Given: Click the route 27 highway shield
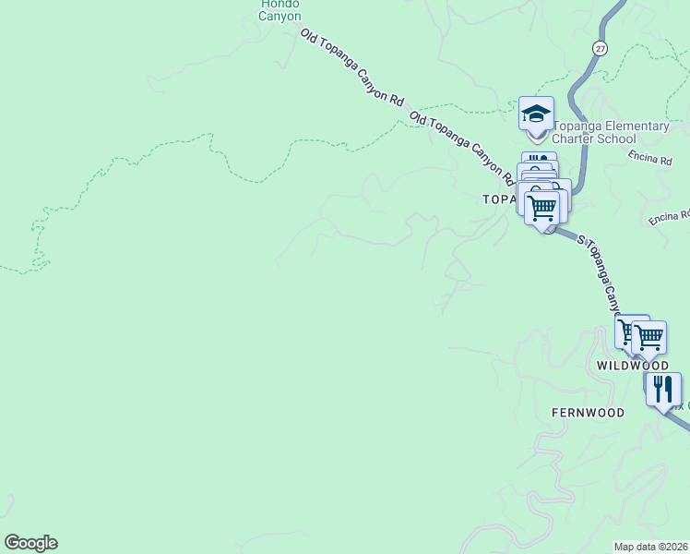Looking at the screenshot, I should [x=601, y=48].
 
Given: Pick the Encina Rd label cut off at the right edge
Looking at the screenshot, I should [x=669, y=217].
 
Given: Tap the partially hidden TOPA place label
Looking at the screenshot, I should [x=497, y=199].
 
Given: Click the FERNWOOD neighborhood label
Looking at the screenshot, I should [x=588, y=413].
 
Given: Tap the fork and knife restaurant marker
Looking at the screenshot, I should [x=663, y=390].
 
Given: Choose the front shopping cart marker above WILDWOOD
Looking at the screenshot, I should [x=649, y=338].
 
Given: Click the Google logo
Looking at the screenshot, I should [x=30, y=543].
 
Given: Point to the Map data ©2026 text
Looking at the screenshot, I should [x=651, y=547].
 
